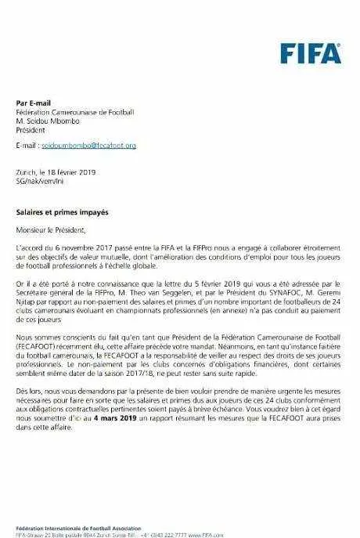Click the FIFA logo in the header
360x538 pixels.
pos(311,53)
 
